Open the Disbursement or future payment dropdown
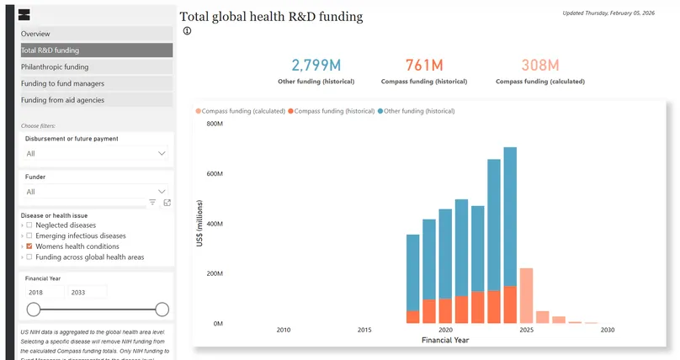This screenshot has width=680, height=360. pos(96,154)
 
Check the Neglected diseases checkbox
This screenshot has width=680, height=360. pos(29,225)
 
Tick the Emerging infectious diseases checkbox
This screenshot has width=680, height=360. pos(29,236)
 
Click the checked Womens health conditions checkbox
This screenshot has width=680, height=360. pos(29,246)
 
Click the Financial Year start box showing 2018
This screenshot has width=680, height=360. pos(44,292)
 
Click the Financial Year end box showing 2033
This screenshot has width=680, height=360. pos(87,292)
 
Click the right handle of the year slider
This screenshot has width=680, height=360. pos(162,310)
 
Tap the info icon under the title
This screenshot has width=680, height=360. pos(187,31)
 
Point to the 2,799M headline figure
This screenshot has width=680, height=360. pos(316,66)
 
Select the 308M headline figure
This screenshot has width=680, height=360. pos(539,66)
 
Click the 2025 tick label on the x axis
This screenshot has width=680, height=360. pos(527,331)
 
